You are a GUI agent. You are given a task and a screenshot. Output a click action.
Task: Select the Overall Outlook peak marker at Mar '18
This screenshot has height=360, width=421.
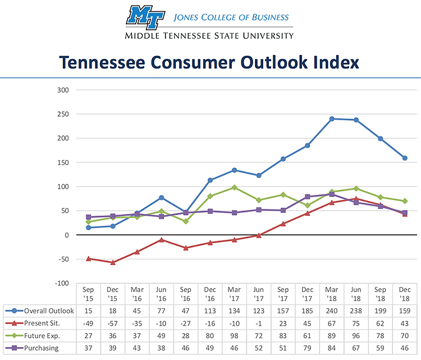pyautogui.click(x=332, y=119)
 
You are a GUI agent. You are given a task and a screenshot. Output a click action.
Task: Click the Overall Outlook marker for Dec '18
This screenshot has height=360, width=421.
pyautogui.click(x=404, y=158)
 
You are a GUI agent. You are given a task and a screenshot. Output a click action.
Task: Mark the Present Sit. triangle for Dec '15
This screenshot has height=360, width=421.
pyautogui.click(x=113, y=262)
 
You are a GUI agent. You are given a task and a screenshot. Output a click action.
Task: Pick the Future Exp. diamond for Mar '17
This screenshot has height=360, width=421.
pyautogui.click(x=235, y=188)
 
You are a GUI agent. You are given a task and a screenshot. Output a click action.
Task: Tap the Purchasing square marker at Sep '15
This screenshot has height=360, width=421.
pyautogui.click(x=89, y=217)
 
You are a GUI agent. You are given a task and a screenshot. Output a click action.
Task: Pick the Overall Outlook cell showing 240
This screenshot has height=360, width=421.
pyautogui.click(x=332, y=311)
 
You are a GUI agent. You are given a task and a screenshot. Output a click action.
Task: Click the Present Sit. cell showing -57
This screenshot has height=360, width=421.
pyautogui.click(x=113, y=323)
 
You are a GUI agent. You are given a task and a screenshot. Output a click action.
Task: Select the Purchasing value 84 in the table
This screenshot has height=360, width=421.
pyautogui.click(x=332, y=348)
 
